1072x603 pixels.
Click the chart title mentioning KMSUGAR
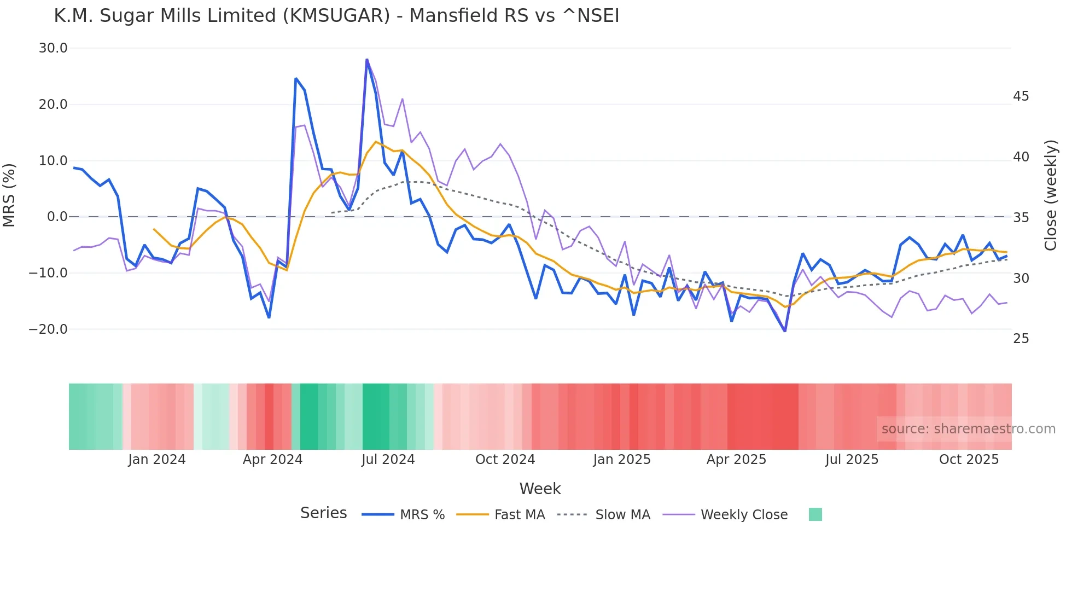point(336,16)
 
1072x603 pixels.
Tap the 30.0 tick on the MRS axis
point(53,48)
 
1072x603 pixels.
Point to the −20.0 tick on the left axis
point(49,329)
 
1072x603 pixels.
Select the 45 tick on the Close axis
point(1021,96)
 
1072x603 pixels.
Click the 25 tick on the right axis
point(1021,339)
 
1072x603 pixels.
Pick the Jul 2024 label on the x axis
point(388,460)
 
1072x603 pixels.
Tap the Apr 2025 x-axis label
point(736,460)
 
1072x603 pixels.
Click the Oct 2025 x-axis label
point(969,460)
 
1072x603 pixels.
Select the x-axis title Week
point(540,489)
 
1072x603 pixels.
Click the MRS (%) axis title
point(9,195)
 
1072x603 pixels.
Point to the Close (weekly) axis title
point(1050,195)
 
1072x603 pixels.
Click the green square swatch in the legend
point(815,514)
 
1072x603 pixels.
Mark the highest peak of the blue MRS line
point(367,60)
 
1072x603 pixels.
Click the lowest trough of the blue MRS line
point(785,331)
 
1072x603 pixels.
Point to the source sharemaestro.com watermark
point(968,429)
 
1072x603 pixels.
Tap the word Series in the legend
point(323,513)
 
